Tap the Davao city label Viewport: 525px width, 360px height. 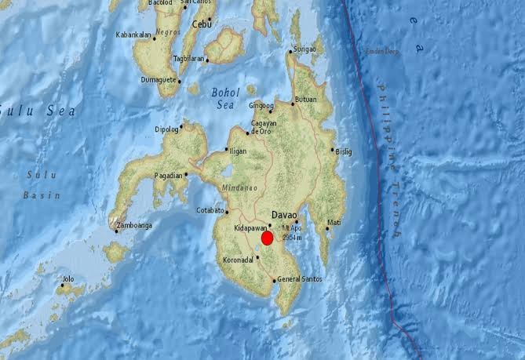click(x=285, y=213)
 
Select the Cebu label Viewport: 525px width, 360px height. click(x=202, y=24)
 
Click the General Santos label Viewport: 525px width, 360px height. click(x=299, y=281)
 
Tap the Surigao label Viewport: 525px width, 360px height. click(x=304, y=50)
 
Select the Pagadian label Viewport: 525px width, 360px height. click(x=169, y=175)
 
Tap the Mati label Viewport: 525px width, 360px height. click(x=334, y=222)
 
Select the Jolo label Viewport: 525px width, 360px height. click(x=69, y=278)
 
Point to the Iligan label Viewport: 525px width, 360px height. click(x=239, y=150)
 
